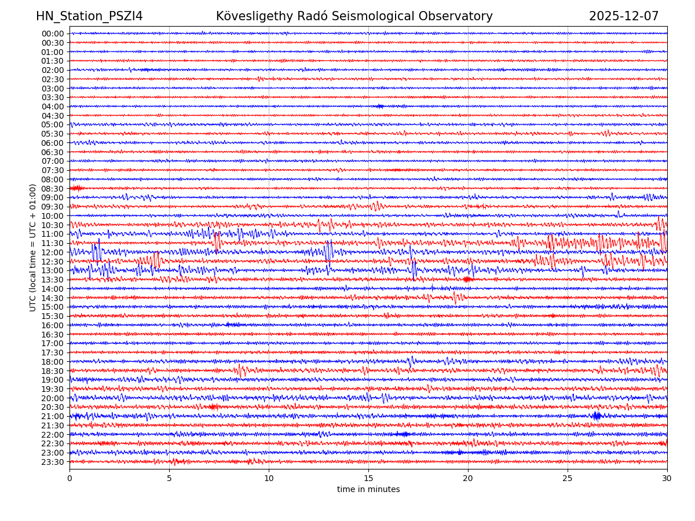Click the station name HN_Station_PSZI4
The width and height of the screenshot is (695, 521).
[89, 16]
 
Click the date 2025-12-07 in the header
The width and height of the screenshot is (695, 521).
[624, 16]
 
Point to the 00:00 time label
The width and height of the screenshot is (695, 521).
[53, 34]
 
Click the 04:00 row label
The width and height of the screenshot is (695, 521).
[53, 107]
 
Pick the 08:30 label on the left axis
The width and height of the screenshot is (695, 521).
[53, 189]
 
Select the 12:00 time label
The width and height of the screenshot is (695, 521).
[53, 252]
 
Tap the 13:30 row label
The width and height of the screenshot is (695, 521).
[53, 280]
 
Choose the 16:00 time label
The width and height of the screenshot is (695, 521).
[53, 325]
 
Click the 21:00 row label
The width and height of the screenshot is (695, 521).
[53, 416]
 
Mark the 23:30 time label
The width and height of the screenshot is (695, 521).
[53, 462]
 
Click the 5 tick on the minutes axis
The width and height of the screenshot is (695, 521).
[169, 478]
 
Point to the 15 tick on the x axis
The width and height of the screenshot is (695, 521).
[368, 478]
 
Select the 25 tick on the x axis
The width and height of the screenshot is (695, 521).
[568, 478]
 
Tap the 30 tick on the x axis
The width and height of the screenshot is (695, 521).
[667, 478]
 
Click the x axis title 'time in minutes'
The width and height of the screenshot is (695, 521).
[368, 490]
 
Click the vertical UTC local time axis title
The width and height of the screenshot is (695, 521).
[33, 247]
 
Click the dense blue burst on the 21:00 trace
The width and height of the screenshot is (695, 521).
[597, 416]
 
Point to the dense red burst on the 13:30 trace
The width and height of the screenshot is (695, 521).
[467, 280]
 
